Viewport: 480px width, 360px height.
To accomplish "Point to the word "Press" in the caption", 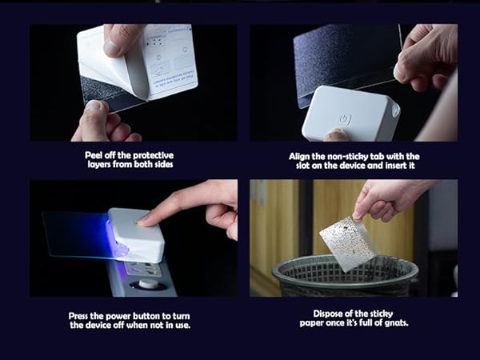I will (81, 315).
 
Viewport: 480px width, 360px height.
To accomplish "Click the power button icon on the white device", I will (345, 118).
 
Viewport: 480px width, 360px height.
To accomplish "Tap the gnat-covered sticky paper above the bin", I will (349, 242).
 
